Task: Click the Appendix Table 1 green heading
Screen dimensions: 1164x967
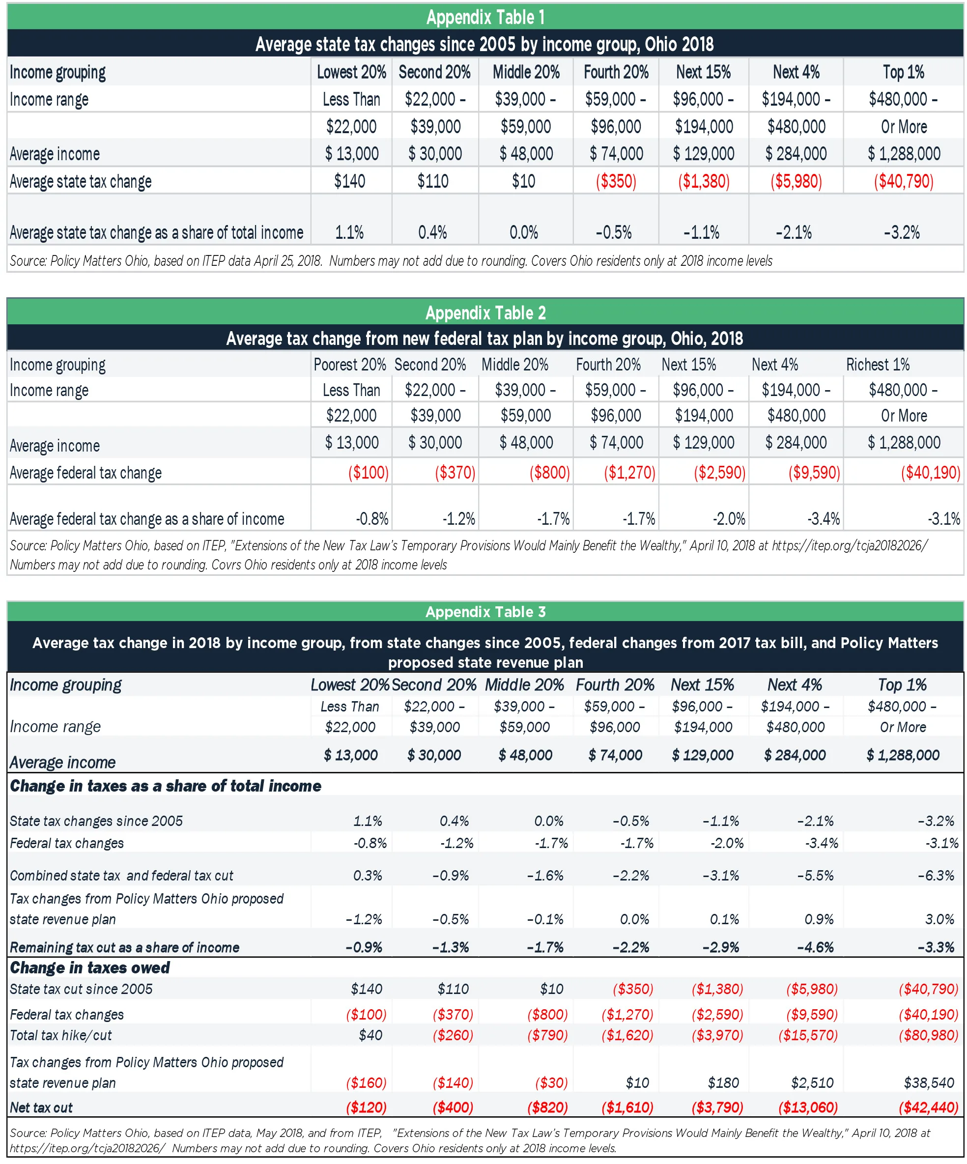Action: coord(485,17)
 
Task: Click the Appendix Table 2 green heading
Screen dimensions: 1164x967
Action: coord(485,312)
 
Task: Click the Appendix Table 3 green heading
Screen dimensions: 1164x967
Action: coord(485,611)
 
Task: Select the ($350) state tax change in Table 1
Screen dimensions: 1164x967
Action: coord(615,181)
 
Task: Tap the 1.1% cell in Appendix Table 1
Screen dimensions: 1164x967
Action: coord(349,232)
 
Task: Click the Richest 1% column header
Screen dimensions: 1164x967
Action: coord(877,364)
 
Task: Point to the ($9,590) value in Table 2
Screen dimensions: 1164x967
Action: coord(814,472)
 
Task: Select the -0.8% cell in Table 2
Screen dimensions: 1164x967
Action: coord(372,519)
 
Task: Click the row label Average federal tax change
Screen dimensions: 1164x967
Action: coord(85,473)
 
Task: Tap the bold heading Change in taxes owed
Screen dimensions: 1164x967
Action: coord(90,968)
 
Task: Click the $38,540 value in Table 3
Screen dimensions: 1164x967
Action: coord(928,1082)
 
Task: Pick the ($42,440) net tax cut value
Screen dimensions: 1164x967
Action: coord(928,1107)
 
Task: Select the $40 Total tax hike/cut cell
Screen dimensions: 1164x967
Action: coord(370,1035)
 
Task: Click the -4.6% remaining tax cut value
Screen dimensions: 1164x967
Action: coord(815,947)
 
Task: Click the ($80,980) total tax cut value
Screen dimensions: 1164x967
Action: coord(928,1035)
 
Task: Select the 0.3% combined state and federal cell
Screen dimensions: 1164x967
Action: coord(368,875)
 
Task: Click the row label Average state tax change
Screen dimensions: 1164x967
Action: coord(81,181)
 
